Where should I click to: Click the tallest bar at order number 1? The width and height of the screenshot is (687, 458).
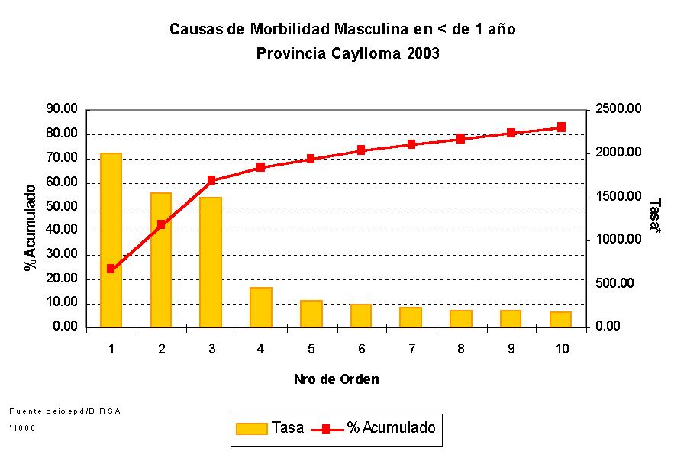click(111, 240)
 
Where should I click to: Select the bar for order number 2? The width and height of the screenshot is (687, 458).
click(161, 260)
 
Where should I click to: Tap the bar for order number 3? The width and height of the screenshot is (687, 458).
click(211, 262)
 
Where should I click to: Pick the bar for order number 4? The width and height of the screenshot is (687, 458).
click(260, 307)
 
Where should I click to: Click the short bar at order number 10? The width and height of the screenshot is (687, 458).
click(560, 319)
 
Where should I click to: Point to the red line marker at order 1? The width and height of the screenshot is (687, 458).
click(111, 269)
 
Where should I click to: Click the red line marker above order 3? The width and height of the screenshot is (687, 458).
click(211, 181)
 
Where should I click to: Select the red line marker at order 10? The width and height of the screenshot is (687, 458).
click(561, 127)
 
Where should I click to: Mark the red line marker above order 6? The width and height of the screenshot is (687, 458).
click(361, 150)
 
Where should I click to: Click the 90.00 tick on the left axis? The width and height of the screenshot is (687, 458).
click(62, 110)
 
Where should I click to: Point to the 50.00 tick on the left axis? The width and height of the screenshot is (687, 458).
click(62, 207)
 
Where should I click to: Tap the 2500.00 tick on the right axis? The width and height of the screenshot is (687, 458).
click(618, 110)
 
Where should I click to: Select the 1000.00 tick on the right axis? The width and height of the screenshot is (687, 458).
click(618, 240)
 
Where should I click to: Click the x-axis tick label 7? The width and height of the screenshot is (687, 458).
click(411, 350)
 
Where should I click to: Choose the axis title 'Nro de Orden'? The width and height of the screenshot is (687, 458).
click(336, 379)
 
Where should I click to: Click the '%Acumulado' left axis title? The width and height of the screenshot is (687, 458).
click(31, 227)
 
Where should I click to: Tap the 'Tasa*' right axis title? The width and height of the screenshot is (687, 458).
click(653, 217)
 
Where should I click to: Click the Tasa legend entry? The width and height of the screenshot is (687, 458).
click(271, 428)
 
